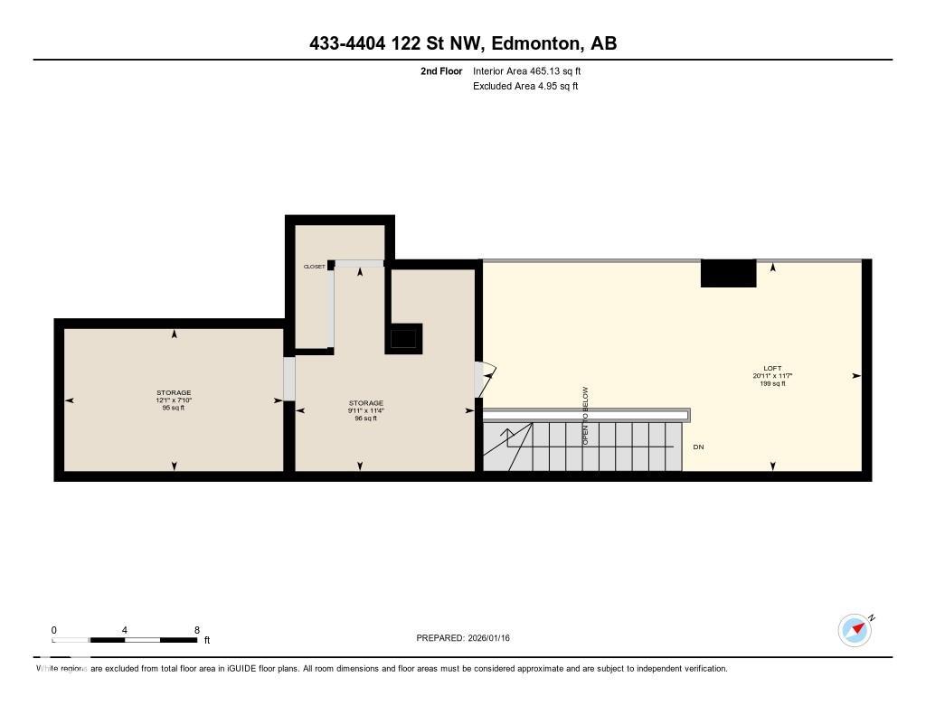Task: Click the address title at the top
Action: (462, 43)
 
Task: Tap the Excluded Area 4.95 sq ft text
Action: (525, 87)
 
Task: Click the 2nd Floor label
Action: (441, 71)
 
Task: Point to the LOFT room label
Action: (772, 368)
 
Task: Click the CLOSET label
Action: (314, 267)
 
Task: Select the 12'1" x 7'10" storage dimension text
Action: (174, 400)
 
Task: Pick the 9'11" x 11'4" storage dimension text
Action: (366, 410)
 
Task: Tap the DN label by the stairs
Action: (698, 447)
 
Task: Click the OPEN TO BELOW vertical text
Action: (585, 416)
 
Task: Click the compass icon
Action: (855, 630)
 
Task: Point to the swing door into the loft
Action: (487, 380)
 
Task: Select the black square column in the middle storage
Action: (403, 339)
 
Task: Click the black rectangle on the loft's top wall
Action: (728, 273)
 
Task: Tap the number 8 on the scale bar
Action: (196, 630)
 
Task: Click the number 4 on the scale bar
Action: (125, 630)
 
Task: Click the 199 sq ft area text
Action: (772, 383)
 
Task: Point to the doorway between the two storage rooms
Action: (289, 380)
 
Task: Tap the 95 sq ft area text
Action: (174, 409)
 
